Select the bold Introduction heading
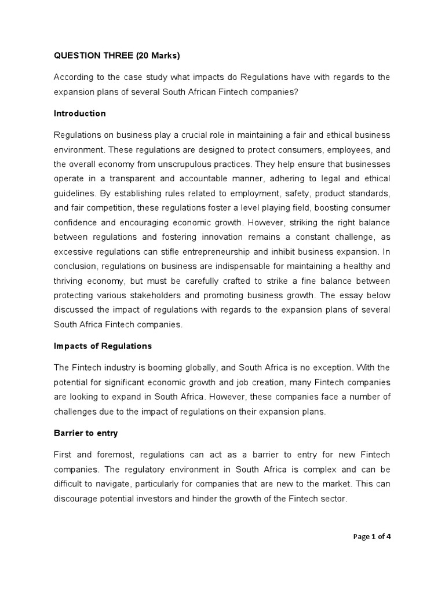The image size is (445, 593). pos(80,114)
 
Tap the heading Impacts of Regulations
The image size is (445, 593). pos(103,346)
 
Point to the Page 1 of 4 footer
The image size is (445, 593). pos(372,536)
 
